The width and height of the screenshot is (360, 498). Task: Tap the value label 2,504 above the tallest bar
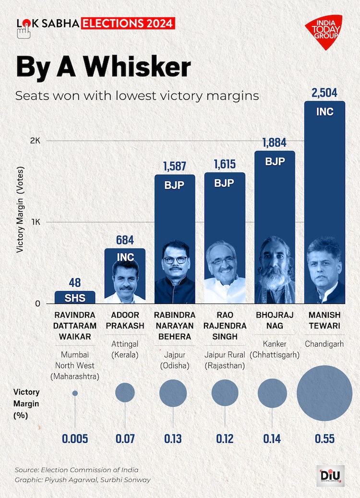pos(324,93)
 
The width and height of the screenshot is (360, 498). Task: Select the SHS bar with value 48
pos(75,297)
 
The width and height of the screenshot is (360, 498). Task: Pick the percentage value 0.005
pos(75,438)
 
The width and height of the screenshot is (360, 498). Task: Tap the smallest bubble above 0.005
pos(75,393)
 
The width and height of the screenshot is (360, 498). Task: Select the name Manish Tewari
pos(324,320)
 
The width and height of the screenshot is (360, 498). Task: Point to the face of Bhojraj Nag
pos(275,264)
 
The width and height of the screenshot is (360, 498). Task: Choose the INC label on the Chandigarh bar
pos(324,112)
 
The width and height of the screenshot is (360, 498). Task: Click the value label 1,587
pos(175,166)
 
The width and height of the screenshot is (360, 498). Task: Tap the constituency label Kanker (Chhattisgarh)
pos(275,350)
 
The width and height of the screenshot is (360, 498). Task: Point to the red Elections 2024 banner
pos(128,23)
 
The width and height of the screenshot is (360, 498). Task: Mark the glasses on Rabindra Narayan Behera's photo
pos(175,260)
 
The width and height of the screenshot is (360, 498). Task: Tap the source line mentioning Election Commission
pos(76,470)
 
